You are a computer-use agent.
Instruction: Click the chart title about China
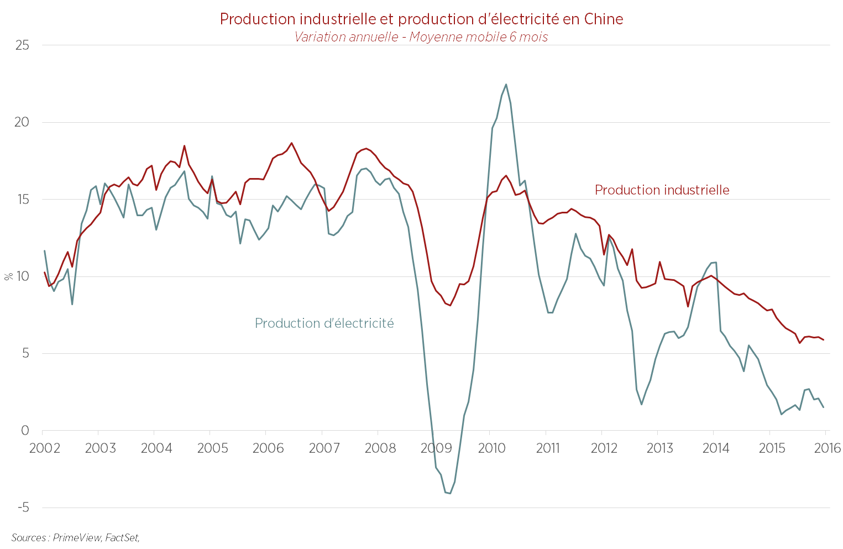pos(421,19)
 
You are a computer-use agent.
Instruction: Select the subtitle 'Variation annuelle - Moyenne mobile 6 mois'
pos(421,37)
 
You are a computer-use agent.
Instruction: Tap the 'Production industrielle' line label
pos(662,190)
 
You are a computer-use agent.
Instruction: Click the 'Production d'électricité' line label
pos(324,323)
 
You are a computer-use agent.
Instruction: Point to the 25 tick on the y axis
pos(22,45)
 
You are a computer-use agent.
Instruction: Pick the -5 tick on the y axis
pos(21,508)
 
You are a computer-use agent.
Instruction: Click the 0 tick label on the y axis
pos(25,431)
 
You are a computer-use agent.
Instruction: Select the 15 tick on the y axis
pos(22,200)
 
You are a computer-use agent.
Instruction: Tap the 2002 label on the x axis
pos(45,448)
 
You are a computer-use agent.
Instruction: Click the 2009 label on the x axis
pos(436,448)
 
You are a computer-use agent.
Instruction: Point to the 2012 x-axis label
pos(604,448)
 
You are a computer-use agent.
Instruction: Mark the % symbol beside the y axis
pos(8,276)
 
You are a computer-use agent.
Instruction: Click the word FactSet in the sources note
pos(122,537)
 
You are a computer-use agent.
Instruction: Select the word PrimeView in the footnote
pos(77,537)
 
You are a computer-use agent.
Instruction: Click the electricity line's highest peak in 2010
pos(506,85)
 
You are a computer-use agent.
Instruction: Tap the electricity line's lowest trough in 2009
pos(450,493)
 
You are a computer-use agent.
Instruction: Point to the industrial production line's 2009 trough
pos(450,305)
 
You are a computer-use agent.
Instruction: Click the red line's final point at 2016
pos(824,340)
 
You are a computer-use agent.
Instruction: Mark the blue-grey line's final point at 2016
pos(824,407)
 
